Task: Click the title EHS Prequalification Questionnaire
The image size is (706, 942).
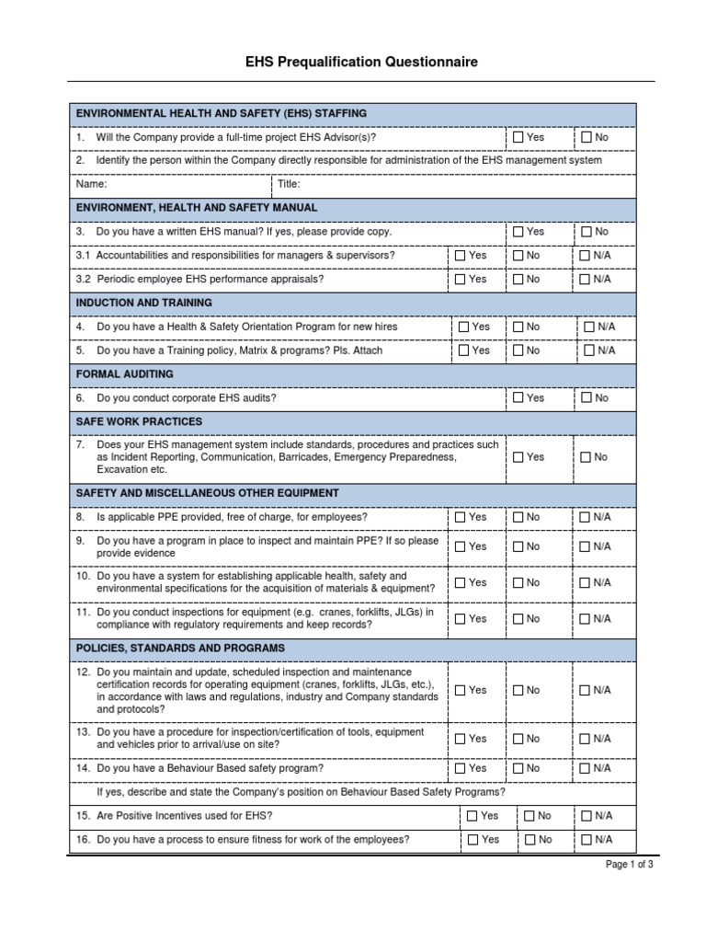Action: [x=361, y=63]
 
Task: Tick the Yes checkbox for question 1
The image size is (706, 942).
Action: [x=518, y=137]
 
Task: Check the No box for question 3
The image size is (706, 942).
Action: [x=586, y=232]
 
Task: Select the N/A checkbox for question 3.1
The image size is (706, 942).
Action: [x=585, y=256]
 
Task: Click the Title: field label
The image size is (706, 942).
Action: [x=290, y=184]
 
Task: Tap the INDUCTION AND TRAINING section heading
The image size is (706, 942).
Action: [x=144, y=303]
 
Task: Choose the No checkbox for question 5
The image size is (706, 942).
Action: [x=518, y=350]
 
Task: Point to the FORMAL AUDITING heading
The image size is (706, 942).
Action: [x=124, y=374]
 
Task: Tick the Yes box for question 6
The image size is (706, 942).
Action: [x=518, y=398]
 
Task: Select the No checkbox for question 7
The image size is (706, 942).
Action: [x=586, y=457]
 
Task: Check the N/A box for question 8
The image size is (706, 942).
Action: [x=585, y=517]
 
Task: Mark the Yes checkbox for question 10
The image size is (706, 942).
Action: [x=461, y=582]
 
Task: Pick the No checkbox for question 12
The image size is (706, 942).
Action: [x=518, y=690]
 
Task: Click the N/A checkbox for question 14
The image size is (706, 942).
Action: [x=585, y=768]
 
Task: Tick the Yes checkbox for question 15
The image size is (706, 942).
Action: [x=473, y=816]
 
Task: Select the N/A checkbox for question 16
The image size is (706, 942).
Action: [x=586, y=840]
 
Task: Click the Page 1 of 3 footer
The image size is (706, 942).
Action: [x=629, y=865]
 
